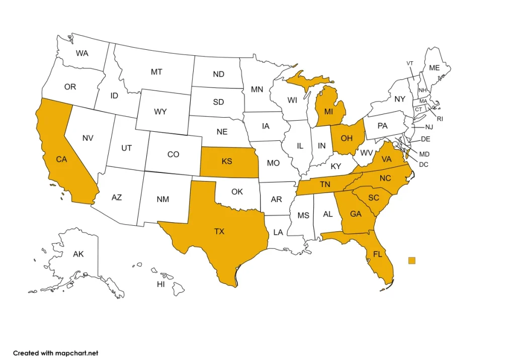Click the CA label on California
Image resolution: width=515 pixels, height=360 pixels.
(x=61, y=159)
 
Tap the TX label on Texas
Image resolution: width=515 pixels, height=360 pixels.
(x=219, y=231)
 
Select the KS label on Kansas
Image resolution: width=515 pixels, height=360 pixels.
(x=227, y=161)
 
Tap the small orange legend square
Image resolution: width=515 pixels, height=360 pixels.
(x=412, y=260)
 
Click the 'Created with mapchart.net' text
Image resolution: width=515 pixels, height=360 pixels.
(x=55, y=353)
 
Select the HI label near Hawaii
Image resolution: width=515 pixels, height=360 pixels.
(x=161, y=285)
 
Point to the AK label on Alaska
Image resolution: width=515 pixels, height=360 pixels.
(x=78, y=254)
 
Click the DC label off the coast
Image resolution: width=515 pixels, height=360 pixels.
(x=423, y=164)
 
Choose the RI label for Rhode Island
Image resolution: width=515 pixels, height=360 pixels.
(x=440, y=119)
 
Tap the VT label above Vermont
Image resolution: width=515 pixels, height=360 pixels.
(x=410, y=63)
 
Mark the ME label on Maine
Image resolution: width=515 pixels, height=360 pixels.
(x=434, y=68)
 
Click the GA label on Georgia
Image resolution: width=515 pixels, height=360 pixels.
(x=356, y=214)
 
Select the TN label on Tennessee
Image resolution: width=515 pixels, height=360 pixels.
(x=325, y=185)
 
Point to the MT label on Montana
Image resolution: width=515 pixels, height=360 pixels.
(x=156, y=72)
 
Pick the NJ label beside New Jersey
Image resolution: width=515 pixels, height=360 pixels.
(x=429, y=127)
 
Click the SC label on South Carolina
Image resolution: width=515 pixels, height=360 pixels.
(x=373, y=198)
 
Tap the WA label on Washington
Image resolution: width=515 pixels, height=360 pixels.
(x=82, y=53)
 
